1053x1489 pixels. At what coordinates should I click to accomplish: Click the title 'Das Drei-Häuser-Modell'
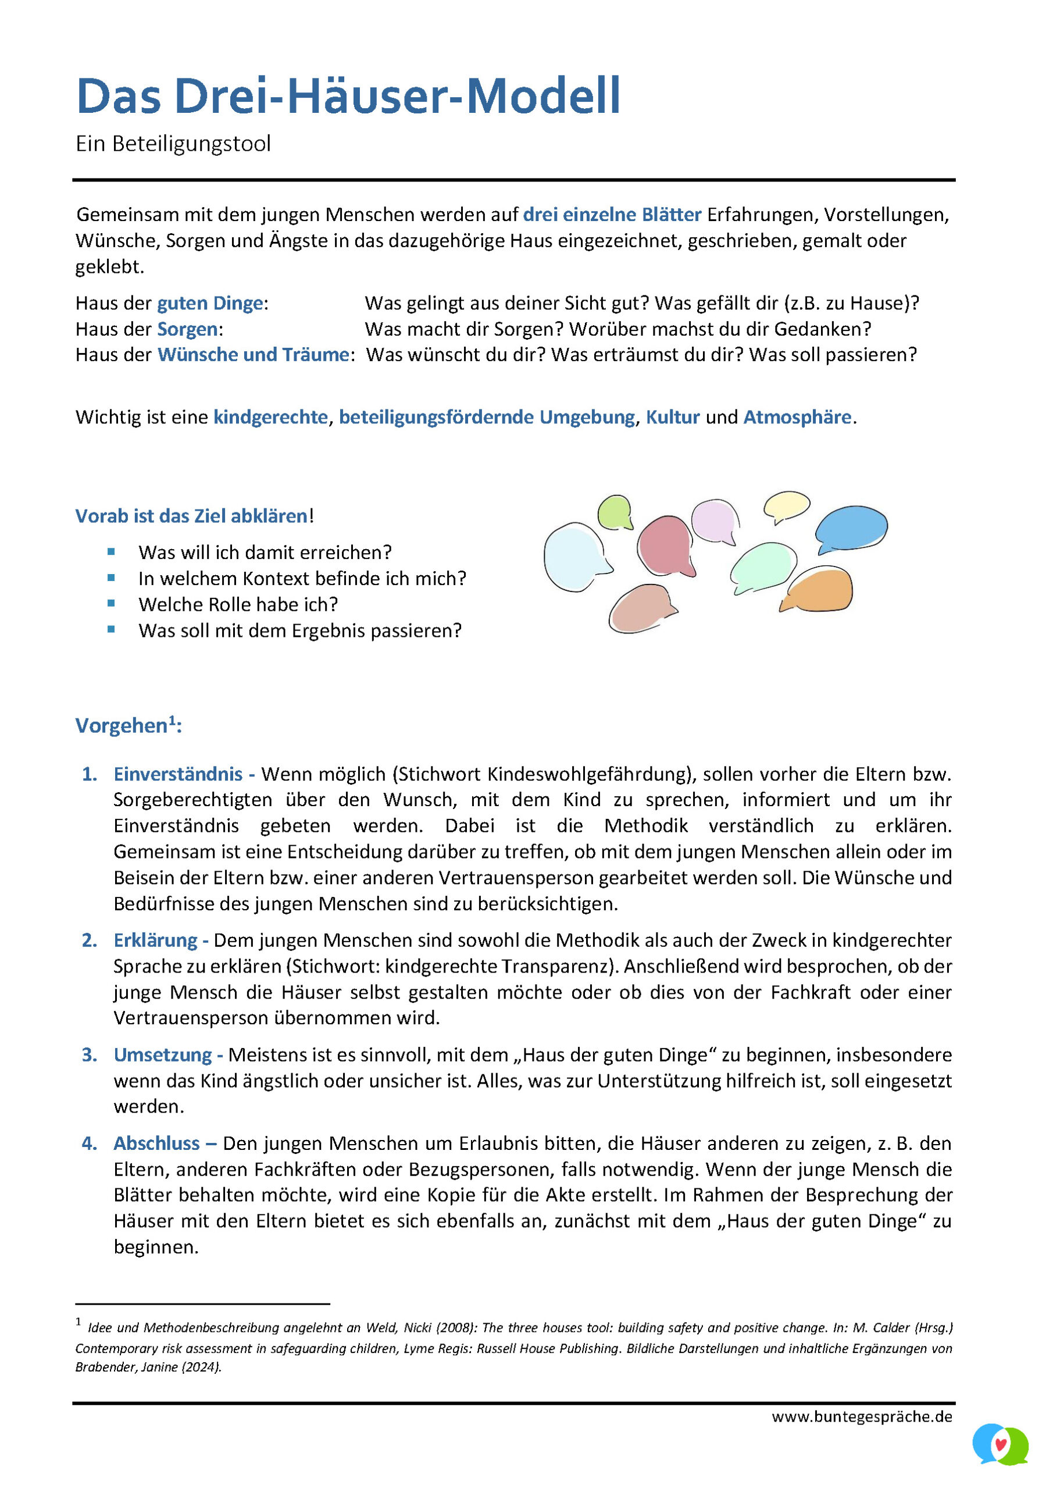coord(348,97)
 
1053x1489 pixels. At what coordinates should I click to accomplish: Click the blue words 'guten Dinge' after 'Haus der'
coord(210,303)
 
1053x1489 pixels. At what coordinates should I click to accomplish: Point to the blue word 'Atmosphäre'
coord(797,417)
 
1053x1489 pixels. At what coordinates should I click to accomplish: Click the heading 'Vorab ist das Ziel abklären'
coord(191,516)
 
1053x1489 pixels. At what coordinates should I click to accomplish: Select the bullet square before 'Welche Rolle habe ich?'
coord(112,603)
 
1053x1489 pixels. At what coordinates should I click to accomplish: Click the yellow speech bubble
coord(787,505)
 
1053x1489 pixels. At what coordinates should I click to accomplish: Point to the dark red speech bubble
coord(665,546)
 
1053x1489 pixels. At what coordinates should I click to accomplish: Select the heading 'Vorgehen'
coord(122,726)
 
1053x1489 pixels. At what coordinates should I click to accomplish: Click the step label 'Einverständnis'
coord(178,774)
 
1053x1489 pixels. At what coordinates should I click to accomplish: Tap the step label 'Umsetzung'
coord(163,1055)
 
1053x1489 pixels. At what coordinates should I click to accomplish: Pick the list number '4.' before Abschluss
coord(90,1144)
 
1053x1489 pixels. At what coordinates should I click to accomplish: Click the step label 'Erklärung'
coord(156,941)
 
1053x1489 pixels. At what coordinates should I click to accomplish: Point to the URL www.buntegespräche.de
coord(862,1417)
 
